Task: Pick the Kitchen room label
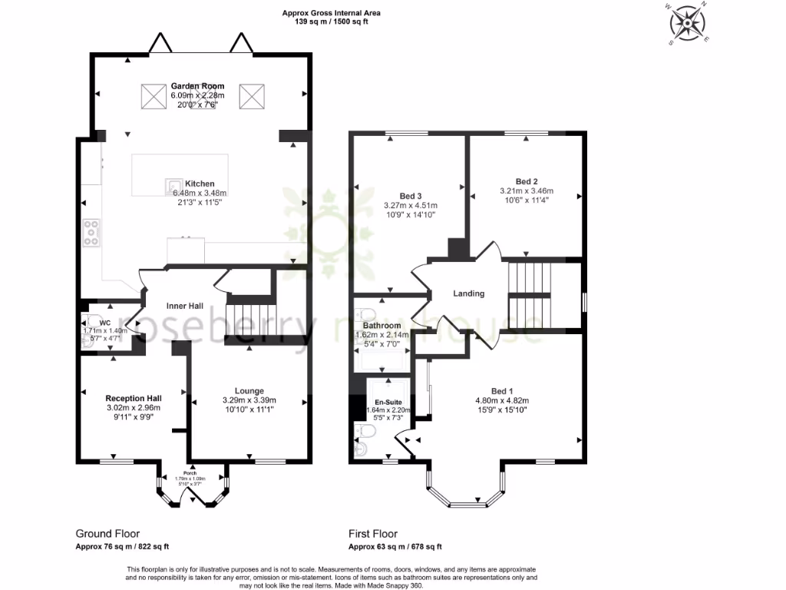tap(199, 184)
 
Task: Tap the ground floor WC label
tap(105, 323)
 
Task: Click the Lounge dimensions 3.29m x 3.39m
tap(249, 400)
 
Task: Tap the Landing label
tap(468, 293)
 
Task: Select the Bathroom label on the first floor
tap(382, 326)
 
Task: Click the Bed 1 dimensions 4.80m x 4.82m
tap(503, 399)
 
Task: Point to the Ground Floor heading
tap(107, 533)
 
